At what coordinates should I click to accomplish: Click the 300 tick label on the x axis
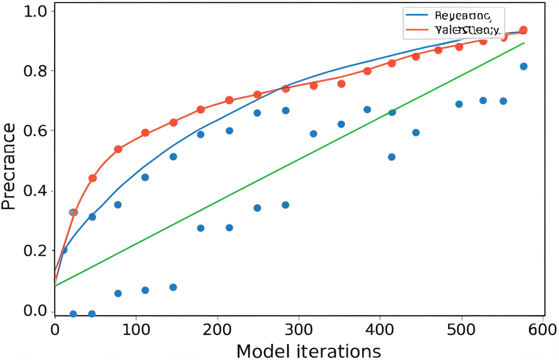[299, 329]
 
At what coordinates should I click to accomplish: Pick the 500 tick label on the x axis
[462, 329]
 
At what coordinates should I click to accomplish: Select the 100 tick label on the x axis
[136, 329]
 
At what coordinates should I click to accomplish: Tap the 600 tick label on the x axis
[543, 329]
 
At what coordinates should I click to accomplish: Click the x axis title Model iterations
[308, 351]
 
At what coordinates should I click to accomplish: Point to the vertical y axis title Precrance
[8, 166]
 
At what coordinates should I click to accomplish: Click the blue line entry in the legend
[453, 16]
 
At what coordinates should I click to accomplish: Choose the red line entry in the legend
[453, 29]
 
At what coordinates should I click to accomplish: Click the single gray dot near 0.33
[73, 212]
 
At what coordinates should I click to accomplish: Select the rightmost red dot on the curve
[523, 30]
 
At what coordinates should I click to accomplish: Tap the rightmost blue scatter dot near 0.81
[524, 67]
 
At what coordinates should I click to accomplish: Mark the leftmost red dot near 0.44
[92, 178]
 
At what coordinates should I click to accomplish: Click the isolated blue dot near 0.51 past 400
[391, 157]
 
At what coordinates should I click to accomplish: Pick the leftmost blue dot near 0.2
[64, 250]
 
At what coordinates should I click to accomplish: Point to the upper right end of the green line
[524, 43]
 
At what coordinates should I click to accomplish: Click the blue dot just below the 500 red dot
[459, 104]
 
